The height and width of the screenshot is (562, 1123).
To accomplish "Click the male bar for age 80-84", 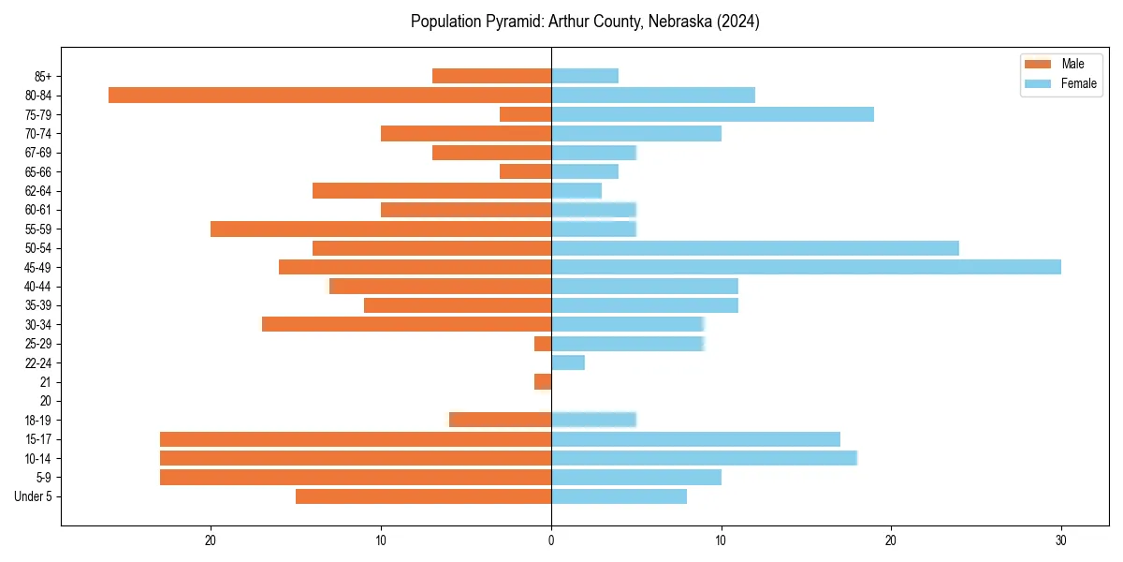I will [x=329, y=95].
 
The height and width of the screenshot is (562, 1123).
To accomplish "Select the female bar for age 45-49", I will [x=806, y=267].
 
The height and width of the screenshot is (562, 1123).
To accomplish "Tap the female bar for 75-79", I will [x=712, y=114].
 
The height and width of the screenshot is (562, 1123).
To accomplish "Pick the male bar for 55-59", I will [x=381, y=229].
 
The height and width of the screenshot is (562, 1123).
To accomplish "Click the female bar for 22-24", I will [x=568, y=362].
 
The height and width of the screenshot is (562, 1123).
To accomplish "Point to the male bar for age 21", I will [x=543, y=382].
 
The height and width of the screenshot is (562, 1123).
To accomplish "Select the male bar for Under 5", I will [x=423, y=496].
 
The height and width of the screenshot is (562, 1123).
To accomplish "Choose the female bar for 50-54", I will [x=754, y=248].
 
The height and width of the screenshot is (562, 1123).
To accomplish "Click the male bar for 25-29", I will [x=543, y=344].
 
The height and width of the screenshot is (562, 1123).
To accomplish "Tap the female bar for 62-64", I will [x=576, y=190].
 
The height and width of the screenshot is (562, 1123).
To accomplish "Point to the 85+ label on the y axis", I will [x=44, y=76].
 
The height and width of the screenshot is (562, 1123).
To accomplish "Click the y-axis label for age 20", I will [x=46, y=401].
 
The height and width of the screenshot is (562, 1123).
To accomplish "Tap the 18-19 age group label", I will [x=38, y=421].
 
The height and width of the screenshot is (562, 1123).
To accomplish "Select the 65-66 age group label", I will [x=38, y=171].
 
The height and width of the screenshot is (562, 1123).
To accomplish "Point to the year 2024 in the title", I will [x=739, y=22].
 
